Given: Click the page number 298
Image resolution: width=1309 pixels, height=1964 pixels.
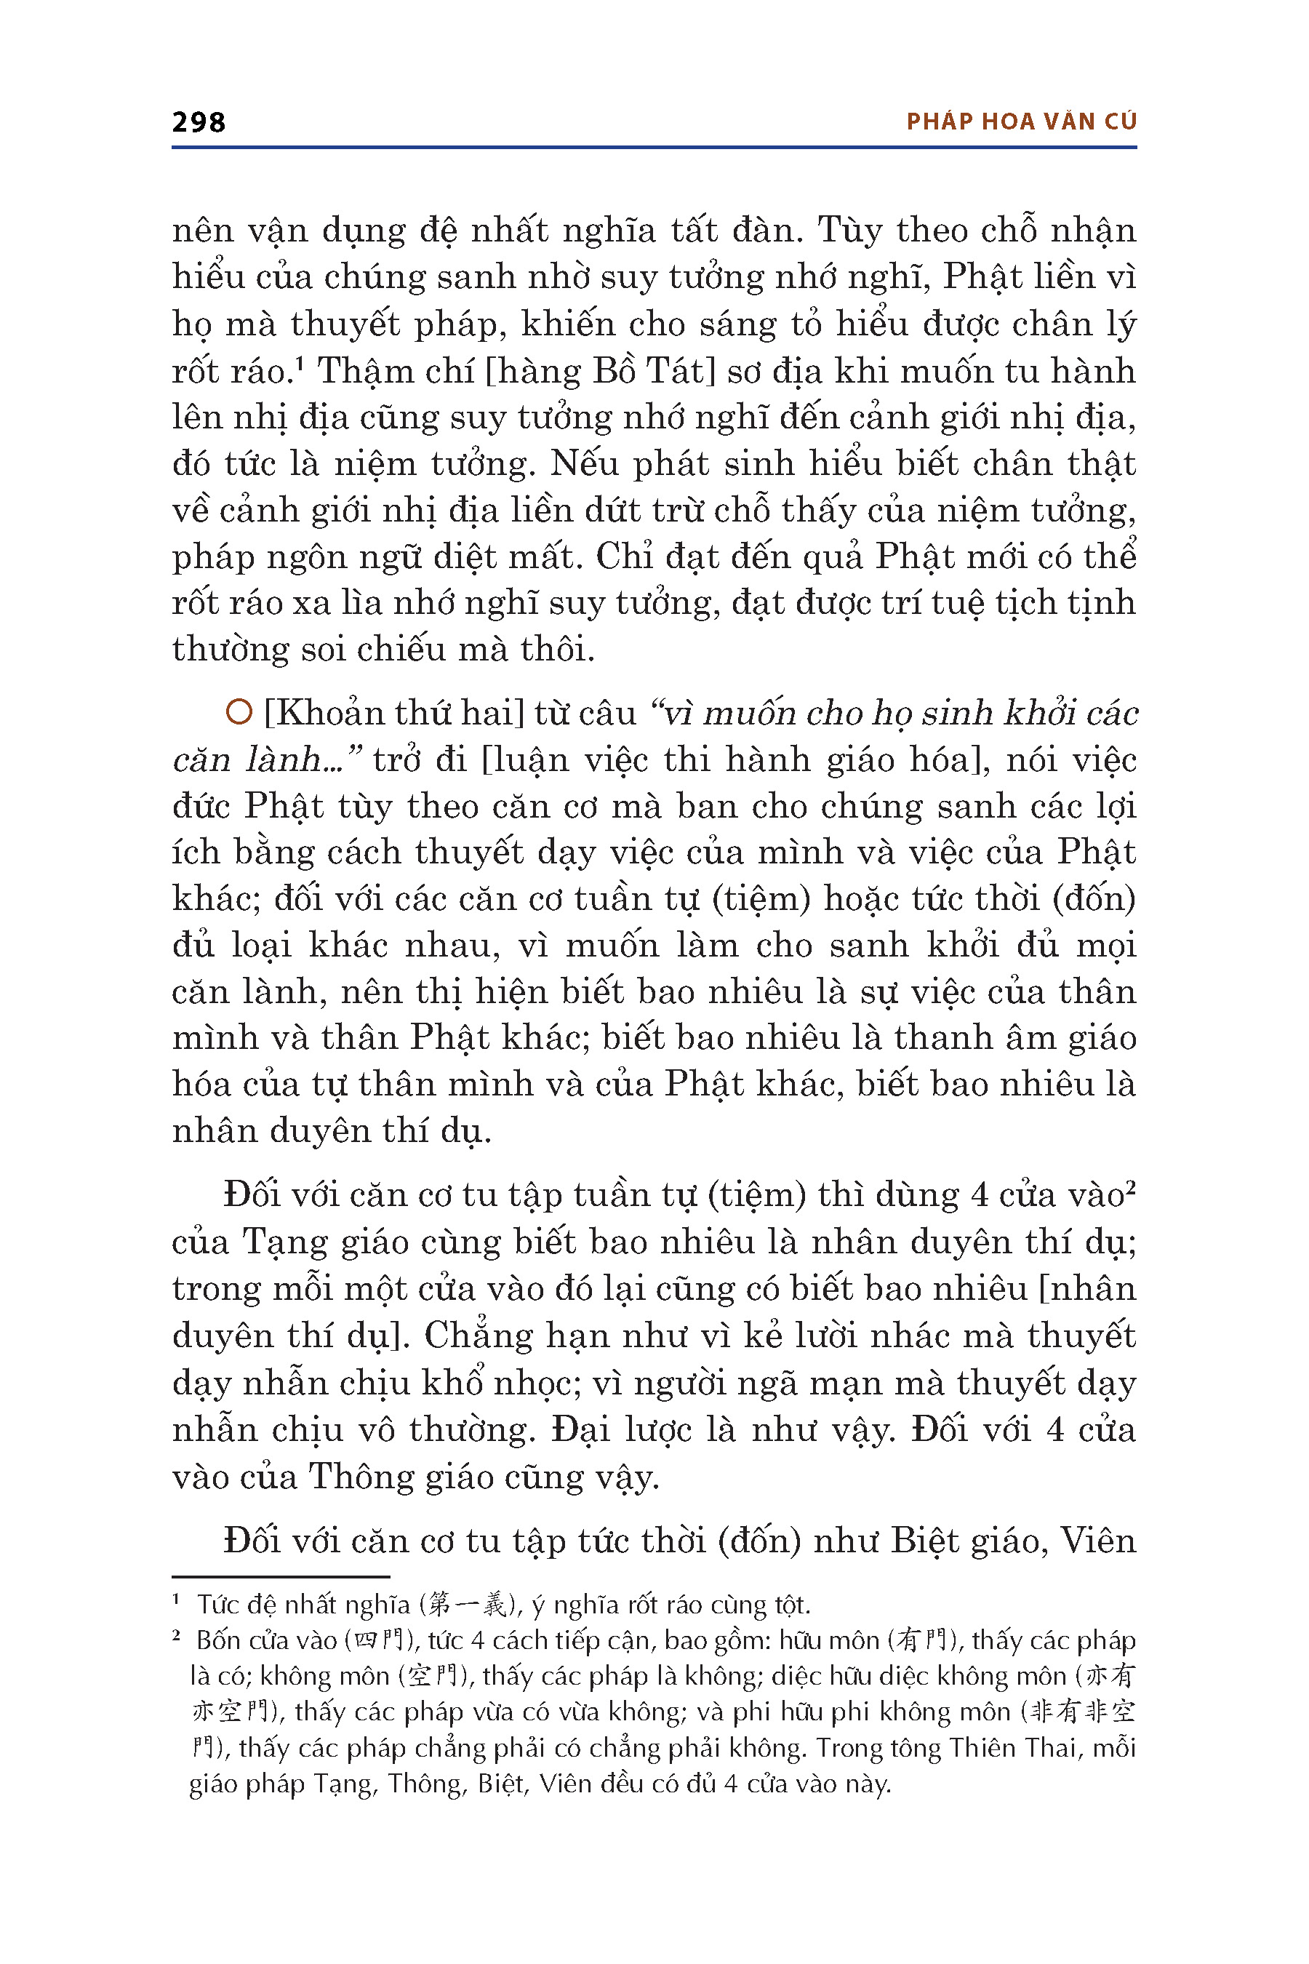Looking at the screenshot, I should click(199, 123).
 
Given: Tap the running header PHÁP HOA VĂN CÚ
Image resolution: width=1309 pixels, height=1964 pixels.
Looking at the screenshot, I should click(1021, 122).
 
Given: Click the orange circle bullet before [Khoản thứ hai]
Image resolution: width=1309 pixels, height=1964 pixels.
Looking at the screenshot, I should click(239, 712).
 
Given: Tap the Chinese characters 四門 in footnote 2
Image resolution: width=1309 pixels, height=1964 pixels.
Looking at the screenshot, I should click(380, 1641).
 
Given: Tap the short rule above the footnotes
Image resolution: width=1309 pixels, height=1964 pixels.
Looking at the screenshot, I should click(281, 1576).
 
